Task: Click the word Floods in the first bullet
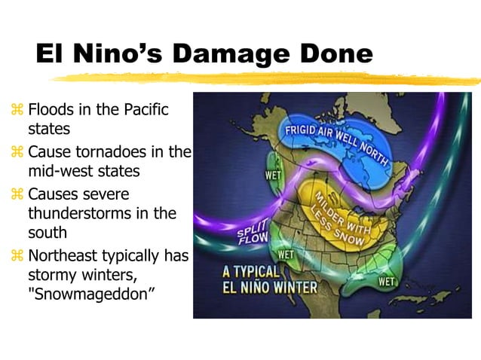tap(51, 111)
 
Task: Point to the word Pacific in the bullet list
tap(142, 111)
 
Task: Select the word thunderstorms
tap(79, 214)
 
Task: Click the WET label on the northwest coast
tap(273, 175)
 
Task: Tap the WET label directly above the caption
tap(286, 255)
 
